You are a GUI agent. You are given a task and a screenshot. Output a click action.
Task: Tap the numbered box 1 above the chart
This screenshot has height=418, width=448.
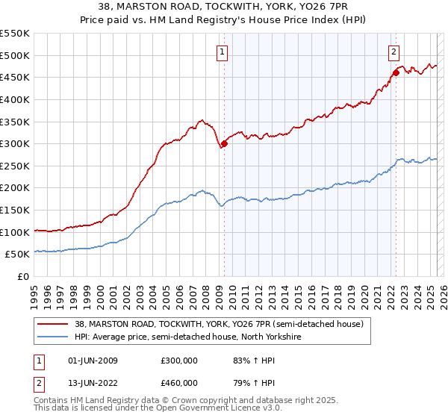click(223, 52)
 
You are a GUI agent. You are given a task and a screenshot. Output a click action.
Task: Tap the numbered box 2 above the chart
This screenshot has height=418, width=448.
click(393, 52)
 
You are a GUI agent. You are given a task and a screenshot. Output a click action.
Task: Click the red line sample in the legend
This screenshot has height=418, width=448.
click(53, 324)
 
